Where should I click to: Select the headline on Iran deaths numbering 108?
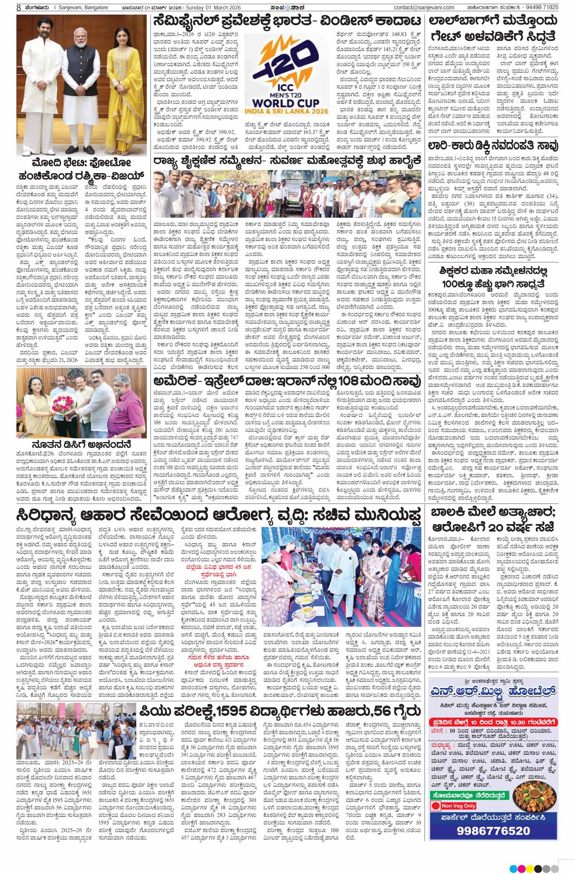click(287, 381)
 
